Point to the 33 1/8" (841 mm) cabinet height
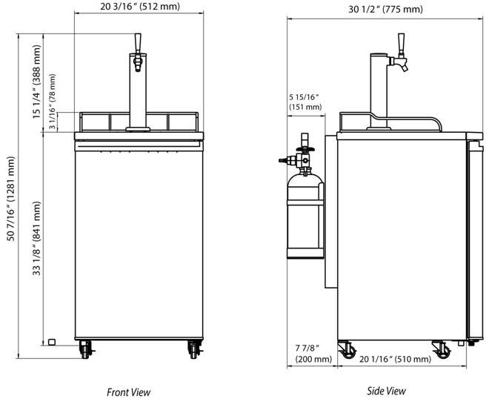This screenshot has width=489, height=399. click(x=37, y=237)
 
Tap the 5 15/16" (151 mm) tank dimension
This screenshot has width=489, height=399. click(x=305, y=102)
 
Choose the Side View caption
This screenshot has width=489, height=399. click(x=386, y=391)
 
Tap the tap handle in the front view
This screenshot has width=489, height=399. click(x=137, y=42)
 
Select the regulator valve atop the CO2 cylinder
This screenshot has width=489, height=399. click(x=302, y=152)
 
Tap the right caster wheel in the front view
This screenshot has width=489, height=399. click(x=194, y=347)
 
